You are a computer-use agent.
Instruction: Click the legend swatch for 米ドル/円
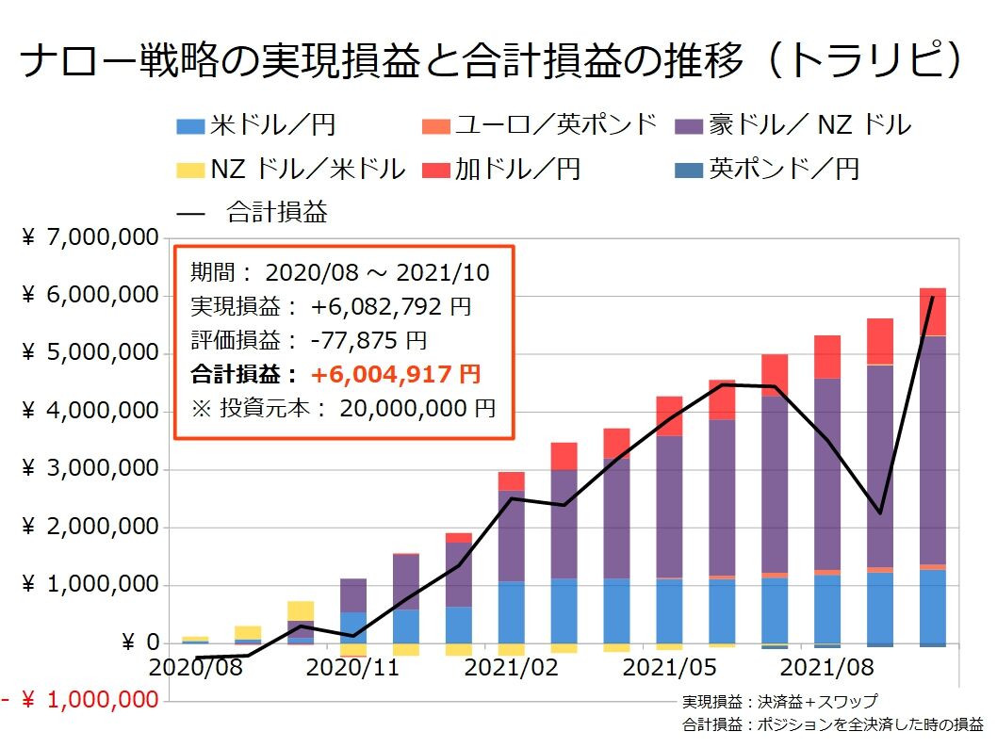click(191, 125)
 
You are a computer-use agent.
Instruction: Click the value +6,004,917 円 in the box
click(396, 374)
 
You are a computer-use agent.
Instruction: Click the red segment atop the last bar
click(932, 311)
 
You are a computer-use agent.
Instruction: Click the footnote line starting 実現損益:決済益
click(779, 702)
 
